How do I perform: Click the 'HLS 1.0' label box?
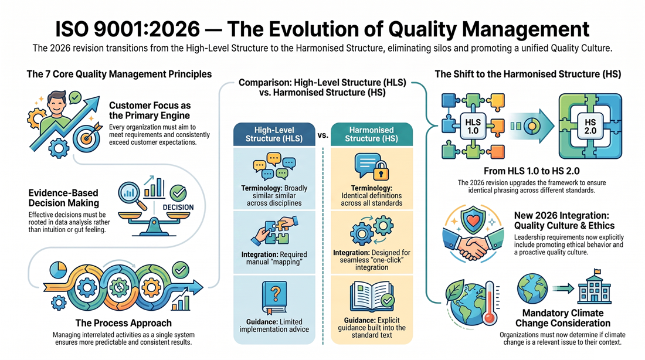point(473,126)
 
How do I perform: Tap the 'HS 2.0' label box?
point(590,126)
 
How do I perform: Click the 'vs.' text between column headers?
point(323,134)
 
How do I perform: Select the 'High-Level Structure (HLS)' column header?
point(274,134)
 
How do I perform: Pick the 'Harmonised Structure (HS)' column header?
point(371,134)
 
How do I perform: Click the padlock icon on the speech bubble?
point(381,171)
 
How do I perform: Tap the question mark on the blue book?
point(275,294)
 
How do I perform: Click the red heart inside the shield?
point(473,220)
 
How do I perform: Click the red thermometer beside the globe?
point(490,303)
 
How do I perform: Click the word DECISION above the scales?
point(178,208)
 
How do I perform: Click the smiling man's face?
point(56,104)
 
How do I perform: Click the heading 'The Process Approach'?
point(123,323)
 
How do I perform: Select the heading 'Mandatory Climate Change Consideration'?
point(563,318)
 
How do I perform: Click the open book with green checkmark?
point(372,297)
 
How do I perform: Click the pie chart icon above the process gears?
point(59,270)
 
